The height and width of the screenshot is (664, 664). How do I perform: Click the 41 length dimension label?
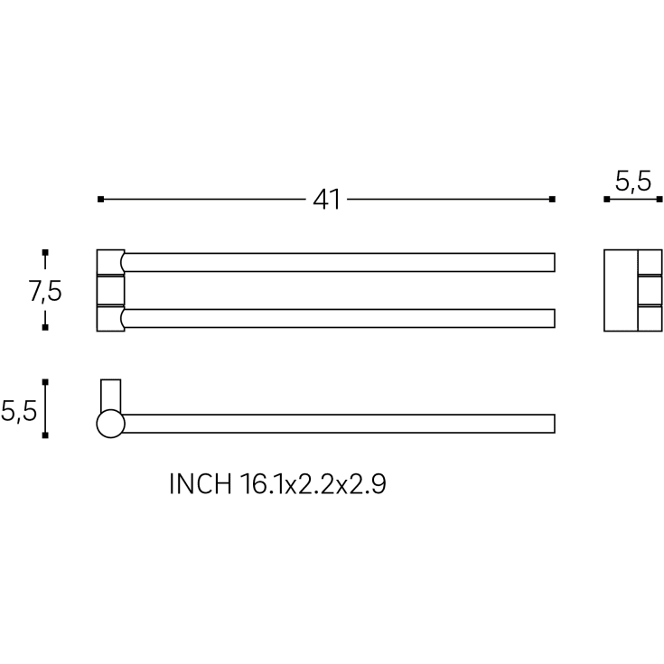[326, 200]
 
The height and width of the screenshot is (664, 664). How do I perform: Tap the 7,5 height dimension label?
[45, 291]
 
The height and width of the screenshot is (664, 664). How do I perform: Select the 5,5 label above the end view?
[633, 182]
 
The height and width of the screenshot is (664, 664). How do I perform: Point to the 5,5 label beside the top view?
[19, 411]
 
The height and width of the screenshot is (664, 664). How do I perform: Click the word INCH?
[201, 483]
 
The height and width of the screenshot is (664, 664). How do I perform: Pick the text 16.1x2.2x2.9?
[313, 483]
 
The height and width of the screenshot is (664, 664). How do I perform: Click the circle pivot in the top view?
[110, 424]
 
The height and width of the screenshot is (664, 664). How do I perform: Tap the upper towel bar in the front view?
[338, 262]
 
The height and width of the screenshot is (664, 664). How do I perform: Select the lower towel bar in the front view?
[338, 318]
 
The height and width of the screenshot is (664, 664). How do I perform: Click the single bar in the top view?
[339, 424]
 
